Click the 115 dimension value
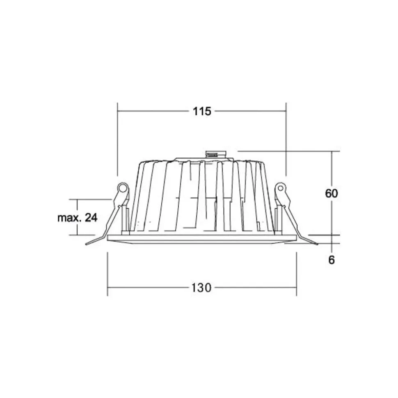click(x=201, y=111)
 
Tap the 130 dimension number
click(x=201, y=288)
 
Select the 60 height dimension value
click(x=332, y=193)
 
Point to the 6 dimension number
click(x=332, y=260)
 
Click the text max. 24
click(x=78, y=218)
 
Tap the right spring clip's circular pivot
click(x=280, y=188)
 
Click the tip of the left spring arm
click(x=87, y=244)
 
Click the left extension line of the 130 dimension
click(x=108, y=273)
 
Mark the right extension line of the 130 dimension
click(x=297, y=273)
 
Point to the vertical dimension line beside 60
click(x=332, y=172)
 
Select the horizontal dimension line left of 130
click(x=148, y=288)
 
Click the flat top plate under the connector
click(x=193, y=159)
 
